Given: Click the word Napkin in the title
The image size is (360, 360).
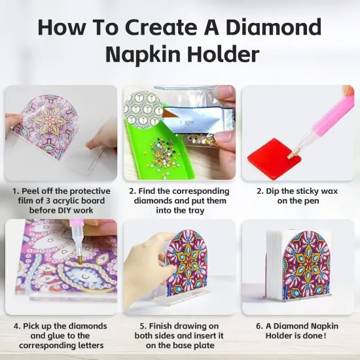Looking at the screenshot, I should pos(147,54).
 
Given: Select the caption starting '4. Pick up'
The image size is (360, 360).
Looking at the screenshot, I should pos(61,335).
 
